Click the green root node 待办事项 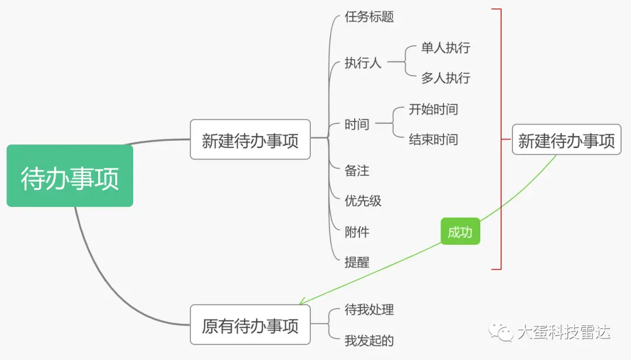tap(70, 176)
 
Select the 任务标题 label tap(369, 17)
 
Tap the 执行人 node tap(363, 63)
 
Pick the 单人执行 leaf tap(445, 48)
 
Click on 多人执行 tap(445, 78)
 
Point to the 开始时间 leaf tap(433, 109)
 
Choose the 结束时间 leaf tap(433, 140)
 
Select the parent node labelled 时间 tap(357, 124)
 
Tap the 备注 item tap(357, 171)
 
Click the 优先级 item tap(363, 201)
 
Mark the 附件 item tap(357, 232)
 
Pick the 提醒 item tap(357, 262)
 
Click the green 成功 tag tap(460, 233)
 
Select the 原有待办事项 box tap(250, 324)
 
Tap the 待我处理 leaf tap(369, 309)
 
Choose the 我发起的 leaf tap(369, 340)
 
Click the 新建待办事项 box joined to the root tap(250, 140)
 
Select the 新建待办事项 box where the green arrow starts tap(566, 140)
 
